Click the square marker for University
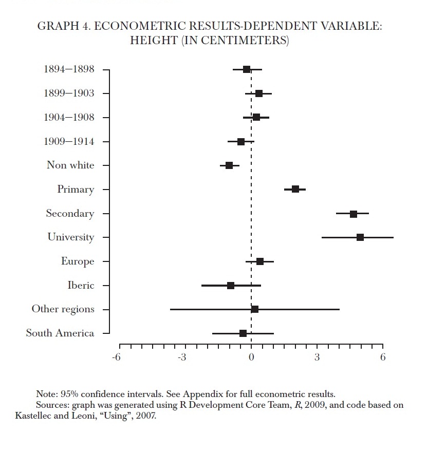coord(360,237)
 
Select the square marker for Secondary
coord(354,214)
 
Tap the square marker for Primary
coord(295,189)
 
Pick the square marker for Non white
coord(229,165)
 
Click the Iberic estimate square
coord(231,286)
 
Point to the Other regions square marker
coord(255,309)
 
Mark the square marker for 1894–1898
coord(247,69)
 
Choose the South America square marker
coord(243,333)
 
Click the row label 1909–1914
coord(69,141)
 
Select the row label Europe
coord(78,261)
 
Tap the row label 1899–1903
coord(69,93)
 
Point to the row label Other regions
coord(63,309)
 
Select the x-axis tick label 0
coord(251,357)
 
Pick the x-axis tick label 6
coord(383,357)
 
